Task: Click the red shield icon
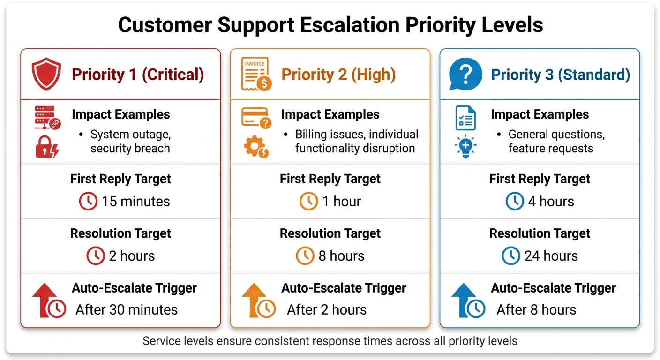pyautogui.click(x=46, y=74)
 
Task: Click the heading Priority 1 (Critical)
pyautogui.click(x=137, y=75)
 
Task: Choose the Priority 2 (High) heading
pyautogui.click(x=338, y=75)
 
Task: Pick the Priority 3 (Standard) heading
pyautogui.click(x=560, y=75)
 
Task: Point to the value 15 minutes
pyautogui.click(x=135, y=202)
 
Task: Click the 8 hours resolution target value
pyautogui.click(x=341, y=256)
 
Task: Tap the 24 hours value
pyautogui.click(x=551, y=256)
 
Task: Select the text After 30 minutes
pyautogui.click(x=127, y=310)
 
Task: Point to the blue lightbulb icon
pyautogui.click(x=465, y=147)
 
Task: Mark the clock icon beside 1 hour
pyautogui.click(x=308, y=202)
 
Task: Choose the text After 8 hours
pyautogui.click(x=536, y=310)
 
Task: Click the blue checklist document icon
pyautogui.click(x=465, y=118)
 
